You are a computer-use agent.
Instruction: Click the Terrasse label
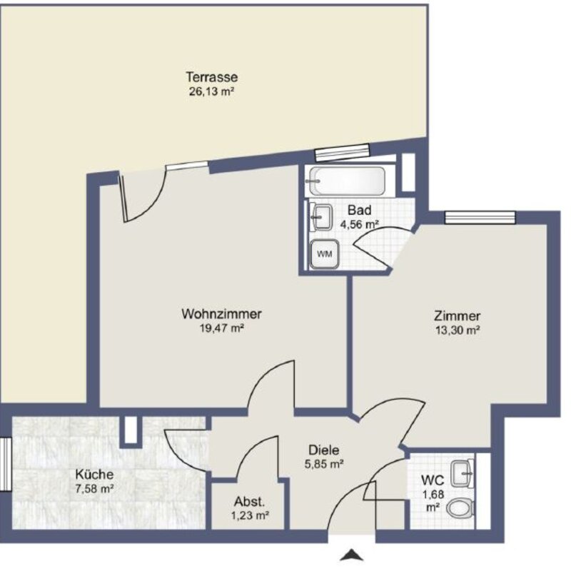[211, 77]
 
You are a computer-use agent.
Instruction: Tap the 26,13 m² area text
[211, 91]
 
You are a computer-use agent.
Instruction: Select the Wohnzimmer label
[221, 313]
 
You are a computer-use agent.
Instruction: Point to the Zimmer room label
[457, 316]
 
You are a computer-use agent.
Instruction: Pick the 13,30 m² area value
[457, 330]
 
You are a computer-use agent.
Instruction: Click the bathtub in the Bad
[347, 181]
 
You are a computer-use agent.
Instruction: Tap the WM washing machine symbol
[324, 253]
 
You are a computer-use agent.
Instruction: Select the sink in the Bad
[321, 216]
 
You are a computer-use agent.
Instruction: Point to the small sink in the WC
[465, 470]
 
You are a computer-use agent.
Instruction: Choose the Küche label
[94, 474]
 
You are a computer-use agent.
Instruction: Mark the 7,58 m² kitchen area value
[94, 488]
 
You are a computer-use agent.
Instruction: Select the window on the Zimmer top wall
[479, 217]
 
